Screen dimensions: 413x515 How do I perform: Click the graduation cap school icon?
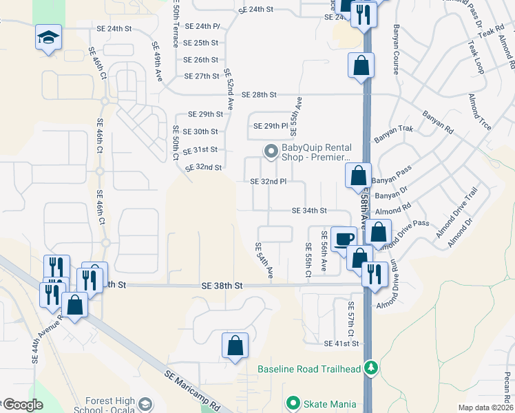coord(49,37)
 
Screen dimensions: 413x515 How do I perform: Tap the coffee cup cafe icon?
coord(344,239)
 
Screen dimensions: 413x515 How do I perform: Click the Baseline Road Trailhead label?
coord(309,369)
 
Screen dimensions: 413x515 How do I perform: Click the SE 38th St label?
coord(222,285)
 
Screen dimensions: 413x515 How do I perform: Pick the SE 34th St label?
coord(309,211)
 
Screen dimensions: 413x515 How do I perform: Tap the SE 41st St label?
coord(342,343)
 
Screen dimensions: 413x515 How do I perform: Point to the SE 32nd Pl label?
coord(268,182)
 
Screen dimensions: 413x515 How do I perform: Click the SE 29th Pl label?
coord(270,127)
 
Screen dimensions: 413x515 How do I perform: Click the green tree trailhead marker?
coord(371,368)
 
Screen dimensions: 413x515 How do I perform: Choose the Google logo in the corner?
coord(23,405)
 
